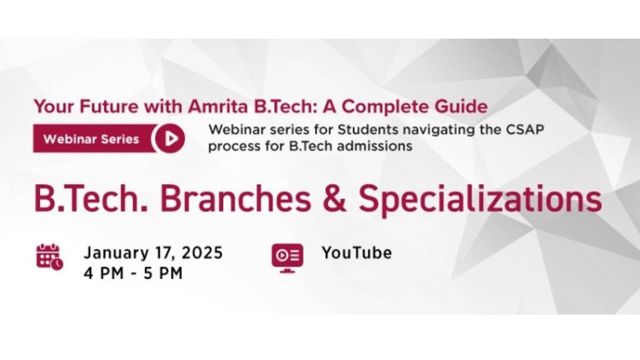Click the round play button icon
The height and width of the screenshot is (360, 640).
pos(170,138)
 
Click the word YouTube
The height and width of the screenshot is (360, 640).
pos(356,253)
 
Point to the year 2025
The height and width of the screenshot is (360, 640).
pos(202,253)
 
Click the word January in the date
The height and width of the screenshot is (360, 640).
pos(111,253)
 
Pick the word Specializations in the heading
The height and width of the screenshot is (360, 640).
pos(480,198)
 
